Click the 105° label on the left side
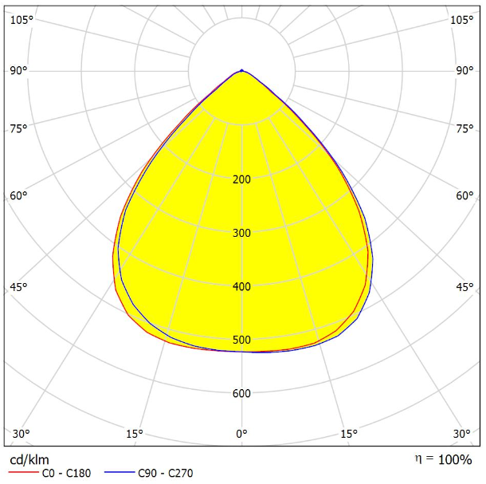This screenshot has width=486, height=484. tap(22, 20)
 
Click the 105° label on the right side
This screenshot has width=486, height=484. tap(461, 20)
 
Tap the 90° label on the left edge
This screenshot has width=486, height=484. tap(19, 70)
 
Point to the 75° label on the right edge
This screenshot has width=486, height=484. tap(464, 128)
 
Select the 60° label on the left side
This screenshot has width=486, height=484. tap(19, 196)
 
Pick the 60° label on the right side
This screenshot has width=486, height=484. tap(464, 196)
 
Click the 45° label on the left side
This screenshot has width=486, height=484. tap(19, 287)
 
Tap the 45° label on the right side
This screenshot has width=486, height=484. tap(464, 287)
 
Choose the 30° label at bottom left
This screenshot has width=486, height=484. tap(22, 434)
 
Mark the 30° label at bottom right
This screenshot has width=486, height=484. tap(461, 434)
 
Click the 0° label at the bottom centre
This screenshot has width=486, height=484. tap(241, 434)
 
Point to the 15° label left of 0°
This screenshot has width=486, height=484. tap(135, 434)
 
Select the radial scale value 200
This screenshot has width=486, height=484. tap(241, 179)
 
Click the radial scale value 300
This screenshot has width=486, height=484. tap(241, 233)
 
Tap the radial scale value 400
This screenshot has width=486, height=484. tap(241, 287)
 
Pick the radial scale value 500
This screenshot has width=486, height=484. tap(241, 340)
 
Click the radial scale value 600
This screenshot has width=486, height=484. tap(241, 394)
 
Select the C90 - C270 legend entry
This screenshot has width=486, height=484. tap(164, 474)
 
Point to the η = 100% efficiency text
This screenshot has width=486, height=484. tap(443, 459)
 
